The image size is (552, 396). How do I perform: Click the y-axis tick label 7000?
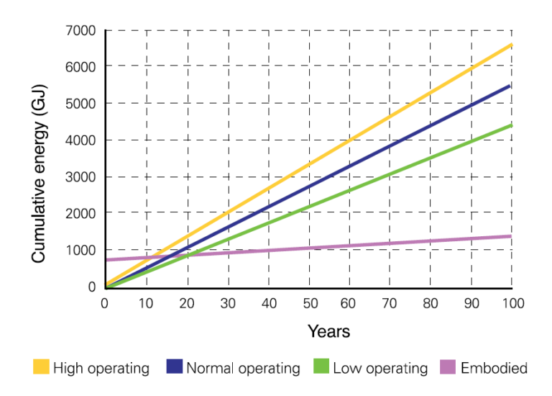click(x=81, y=30)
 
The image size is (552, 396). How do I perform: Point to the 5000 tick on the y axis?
click(x=81, y=104)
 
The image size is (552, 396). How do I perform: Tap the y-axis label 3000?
click(x=81, y=177)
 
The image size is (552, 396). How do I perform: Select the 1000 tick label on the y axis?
click(x=81, y=251)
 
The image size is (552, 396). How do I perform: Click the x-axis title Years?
click(x=328, y=331)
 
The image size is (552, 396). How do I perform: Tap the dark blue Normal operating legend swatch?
click(x=174, y=367)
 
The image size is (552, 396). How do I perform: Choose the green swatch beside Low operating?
click(x=321, y=367)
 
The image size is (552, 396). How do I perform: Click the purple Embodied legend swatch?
click(x=446, y=367)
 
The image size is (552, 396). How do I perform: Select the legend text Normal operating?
click(x=243, y=368)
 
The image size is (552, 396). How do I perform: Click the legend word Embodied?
click(x=494, y=368)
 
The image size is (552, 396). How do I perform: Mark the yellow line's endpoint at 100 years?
click(x=511, y=45)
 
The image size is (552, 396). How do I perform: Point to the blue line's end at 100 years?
click(x=511, y=86)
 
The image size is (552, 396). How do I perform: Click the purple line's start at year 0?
click(x=106, y=260)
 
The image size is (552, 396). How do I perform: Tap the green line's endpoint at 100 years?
click(x=511, y=125)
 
